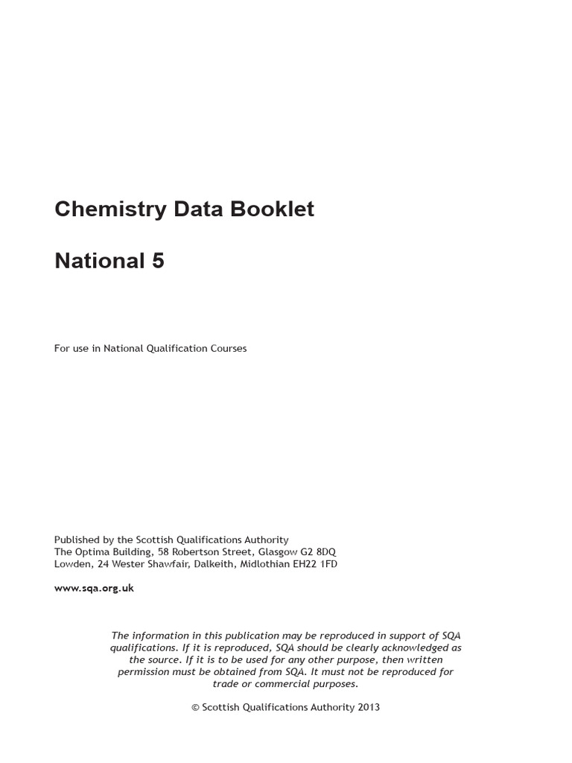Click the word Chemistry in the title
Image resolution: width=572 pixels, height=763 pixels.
(x=110, y=209)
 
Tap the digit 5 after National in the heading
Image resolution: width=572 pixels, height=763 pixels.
(x=157, y=262)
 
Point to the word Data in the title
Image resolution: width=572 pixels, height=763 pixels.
(x=199, y=209)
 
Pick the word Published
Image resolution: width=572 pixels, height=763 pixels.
(x=77, y=539)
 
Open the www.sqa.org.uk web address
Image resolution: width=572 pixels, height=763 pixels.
(x=94, y=588)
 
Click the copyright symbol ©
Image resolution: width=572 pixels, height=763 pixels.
(x=195, y=707)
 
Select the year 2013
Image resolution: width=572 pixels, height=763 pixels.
(x=368, y=707)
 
